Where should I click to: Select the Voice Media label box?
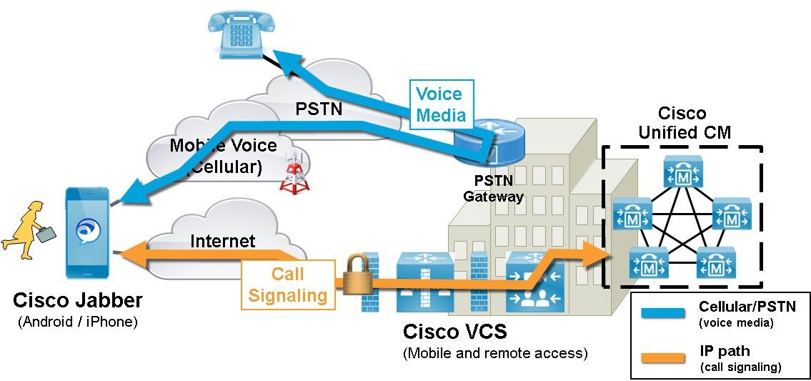[x=440, y=104]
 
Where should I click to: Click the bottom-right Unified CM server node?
[x=715, y=264]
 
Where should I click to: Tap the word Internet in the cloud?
[x=222, y=241]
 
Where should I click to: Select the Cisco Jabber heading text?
[x=78, y=300]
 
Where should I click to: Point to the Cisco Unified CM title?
[x=682, y=123]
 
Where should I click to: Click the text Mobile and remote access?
[x=494, y=352]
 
